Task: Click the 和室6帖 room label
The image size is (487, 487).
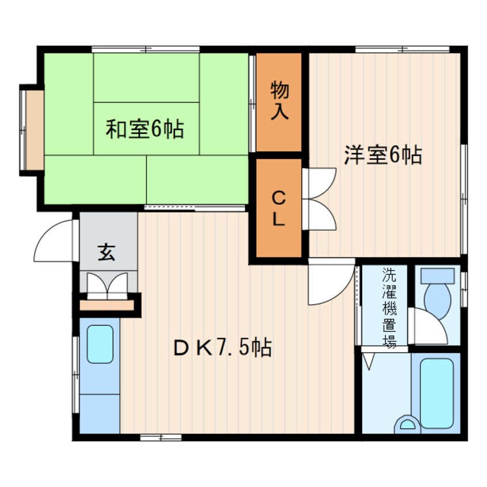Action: point(144,129)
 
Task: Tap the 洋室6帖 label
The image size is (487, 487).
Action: point(383,155)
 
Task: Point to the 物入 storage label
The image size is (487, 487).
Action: point(279,101)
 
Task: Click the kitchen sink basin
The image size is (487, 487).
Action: point(100,344)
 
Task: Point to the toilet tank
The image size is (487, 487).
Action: point(437,275)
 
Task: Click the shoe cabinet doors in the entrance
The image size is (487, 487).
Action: point(106,284)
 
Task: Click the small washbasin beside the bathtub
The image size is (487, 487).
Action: point(408,424)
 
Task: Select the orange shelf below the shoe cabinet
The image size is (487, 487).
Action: point(106,304)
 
